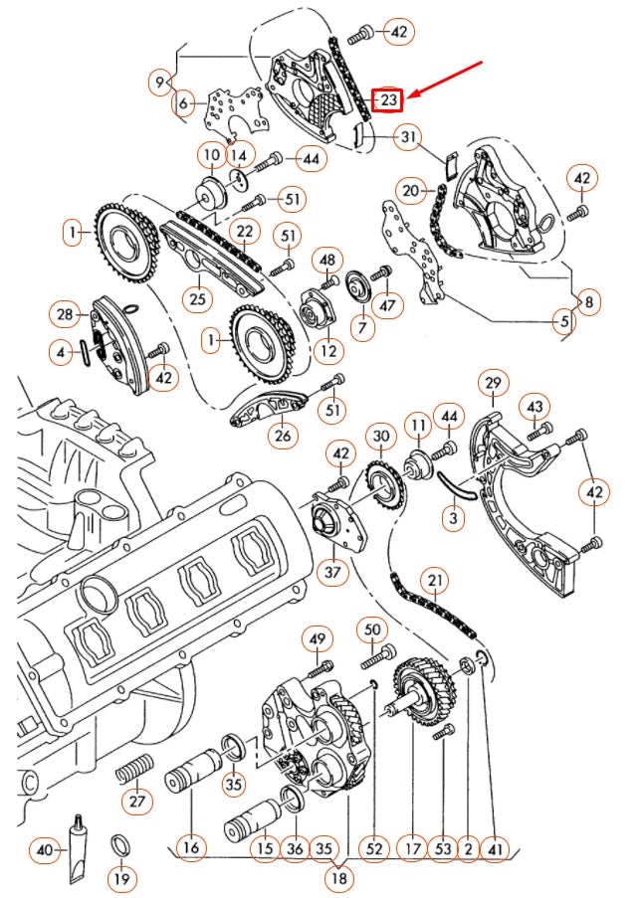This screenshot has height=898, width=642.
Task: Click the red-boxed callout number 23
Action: pyautogui.click(x=387, y=99)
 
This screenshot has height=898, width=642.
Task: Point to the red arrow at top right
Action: pyautogui.click(x=446, y=82)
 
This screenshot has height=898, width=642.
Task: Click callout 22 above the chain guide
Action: pyautogui.click(x=243, y=231)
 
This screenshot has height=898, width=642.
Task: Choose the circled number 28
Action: pyautogui.click(x=66, y=315)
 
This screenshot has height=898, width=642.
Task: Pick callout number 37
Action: pyautogui.click(x=332, y=574)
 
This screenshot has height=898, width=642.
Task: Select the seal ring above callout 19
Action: pyautogui.click(x=119, y=844)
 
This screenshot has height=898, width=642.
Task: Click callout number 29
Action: pyautogui.click(x=494, y=383)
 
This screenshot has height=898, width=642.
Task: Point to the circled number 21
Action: pyautogui.click(x=434, y=581)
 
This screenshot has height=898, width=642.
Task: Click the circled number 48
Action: pyautogui.click(x=328, y=260)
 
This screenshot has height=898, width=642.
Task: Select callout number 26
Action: pyautogui.click(x=284, y=435)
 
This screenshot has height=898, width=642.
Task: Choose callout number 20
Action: pyautogui.click(x=411, y=190)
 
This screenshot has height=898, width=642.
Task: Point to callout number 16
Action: pyautogui.click(x=191, y=848)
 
